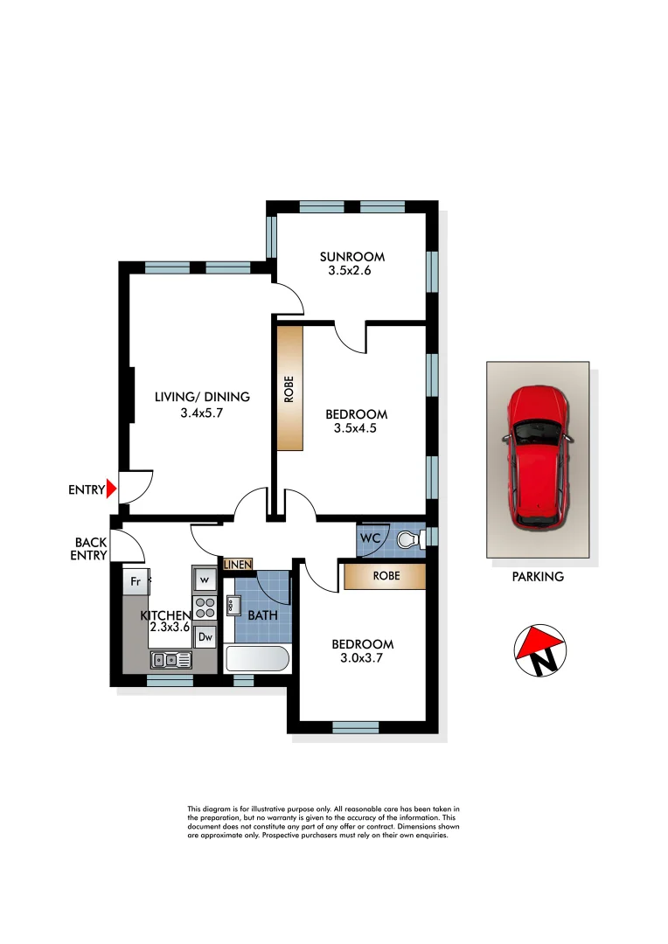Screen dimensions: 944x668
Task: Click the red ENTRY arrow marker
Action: (x=111, y=490)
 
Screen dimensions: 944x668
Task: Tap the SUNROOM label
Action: (x=352, y=257)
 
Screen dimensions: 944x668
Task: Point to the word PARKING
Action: (x=538, y=577)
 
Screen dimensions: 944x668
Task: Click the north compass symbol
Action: (x=539, y=651)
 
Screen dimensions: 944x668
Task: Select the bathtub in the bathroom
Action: (x=257, y=658)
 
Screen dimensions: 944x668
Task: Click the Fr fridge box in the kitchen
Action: (x=136, y=580)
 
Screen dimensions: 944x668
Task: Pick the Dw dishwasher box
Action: (x=204, y=637)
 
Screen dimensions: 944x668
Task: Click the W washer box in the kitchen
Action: (x=204, y=579)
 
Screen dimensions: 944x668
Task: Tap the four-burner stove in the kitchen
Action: (x=204, y=608)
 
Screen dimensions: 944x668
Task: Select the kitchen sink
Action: (x=171, y=660)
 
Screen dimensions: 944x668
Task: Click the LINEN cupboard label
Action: (x=238, y=565)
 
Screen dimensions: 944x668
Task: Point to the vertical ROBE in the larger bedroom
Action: (x=289, y=388)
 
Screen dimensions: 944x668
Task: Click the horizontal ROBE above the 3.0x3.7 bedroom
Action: (x=385, y=577)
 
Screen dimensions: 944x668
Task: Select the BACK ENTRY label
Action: (x=91, y=549)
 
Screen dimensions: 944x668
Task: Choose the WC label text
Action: (x=371, y=539)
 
